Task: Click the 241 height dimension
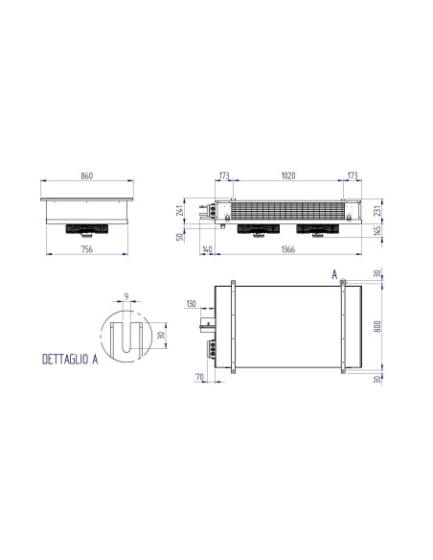pos(181,211)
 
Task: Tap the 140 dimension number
pos(207,248)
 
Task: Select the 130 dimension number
pos(192,304)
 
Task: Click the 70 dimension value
pos(197,379)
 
